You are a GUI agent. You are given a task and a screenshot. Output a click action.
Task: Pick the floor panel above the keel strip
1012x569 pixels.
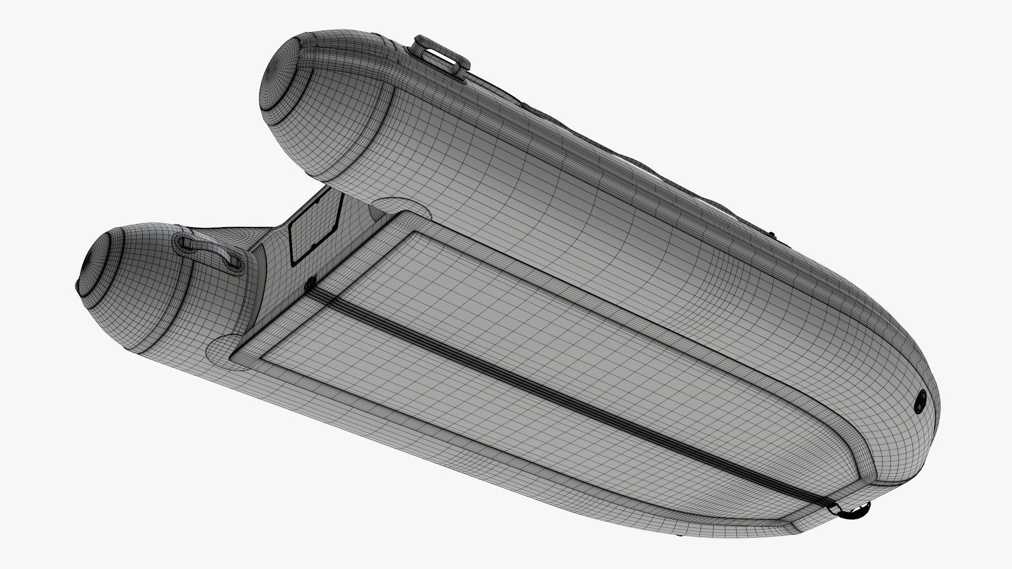pyautogui.click(x=580, y=327)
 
